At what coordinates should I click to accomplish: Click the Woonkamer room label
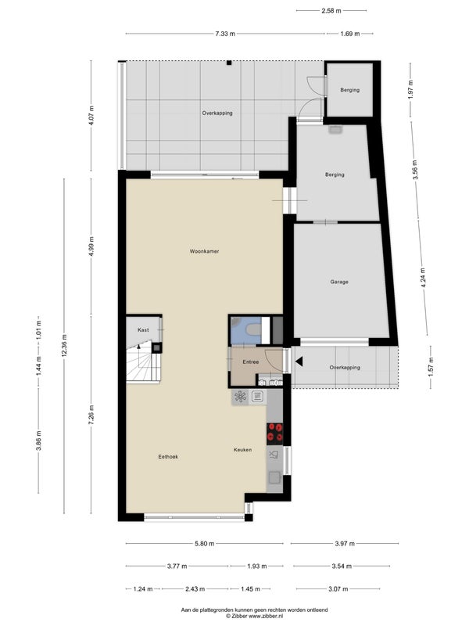pyautogui.click(x=204, y=251)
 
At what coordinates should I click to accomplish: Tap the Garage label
pyautogui.click(x=339, y=282)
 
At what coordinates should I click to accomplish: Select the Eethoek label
pyautogui.click(x=168, y=457)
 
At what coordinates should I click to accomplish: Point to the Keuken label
pyautogui.click(x=242, y=450)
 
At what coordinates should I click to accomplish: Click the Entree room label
pyautogui.click(x=251, y=362)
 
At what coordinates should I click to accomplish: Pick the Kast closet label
pyautogui.click(x=143, y=329)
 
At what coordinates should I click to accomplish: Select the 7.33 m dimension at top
pyautogui.click(x=225, y=34)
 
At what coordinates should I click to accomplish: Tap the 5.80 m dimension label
pyautogui.click(x=205, y=543)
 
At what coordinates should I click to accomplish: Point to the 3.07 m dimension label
pyautogui.click(x=338, y=589)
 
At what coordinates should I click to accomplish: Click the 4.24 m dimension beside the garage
pyautogui.click(x=423, y=278)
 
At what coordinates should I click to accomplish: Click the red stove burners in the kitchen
pyautogui.click(x=274, y=434)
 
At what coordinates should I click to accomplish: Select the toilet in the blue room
pyautogui.click(x=253, y=329)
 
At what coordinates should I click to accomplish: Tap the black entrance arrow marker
pyautogui.click(x=299, y=362)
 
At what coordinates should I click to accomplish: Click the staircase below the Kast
pyautogui.click(x=144, y=362)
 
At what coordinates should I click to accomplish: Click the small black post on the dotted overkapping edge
pyautogui.click(x=229, y=63)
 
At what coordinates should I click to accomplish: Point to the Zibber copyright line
pyautogui.click(x=255, y=616)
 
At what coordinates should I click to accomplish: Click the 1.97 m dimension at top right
pyautogui.click(x=411, y=90)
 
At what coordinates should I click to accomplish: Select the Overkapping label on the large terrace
pyautogui.click(x=217, y=113)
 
